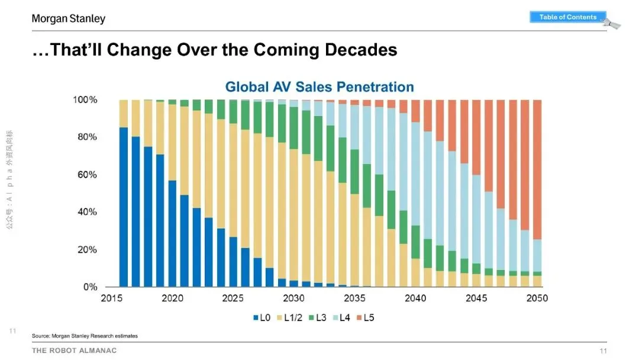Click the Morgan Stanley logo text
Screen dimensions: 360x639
(x=69, y=19)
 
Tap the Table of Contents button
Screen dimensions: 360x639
(x=567, y=17)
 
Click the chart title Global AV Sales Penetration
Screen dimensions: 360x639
(x=319, y=87)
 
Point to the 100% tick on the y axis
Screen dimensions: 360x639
(x=85, y=99)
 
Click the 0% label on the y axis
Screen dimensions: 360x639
(x=90, y=287)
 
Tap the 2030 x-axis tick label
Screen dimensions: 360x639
(x=294, y=298)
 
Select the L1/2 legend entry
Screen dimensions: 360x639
(x=289, y=318)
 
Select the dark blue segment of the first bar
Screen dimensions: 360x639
(x=124, y=207)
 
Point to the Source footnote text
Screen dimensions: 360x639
(x=85, y=336)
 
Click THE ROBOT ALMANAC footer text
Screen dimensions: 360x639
(x=75, y=351)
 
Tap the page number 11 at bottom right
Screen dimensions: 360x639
(x=603, y=351)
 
